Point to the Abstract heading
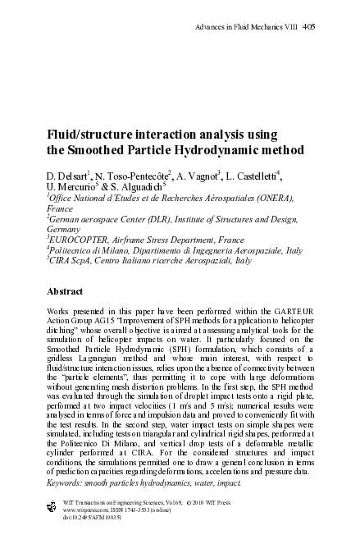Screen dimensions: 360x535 click(66, 290)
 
